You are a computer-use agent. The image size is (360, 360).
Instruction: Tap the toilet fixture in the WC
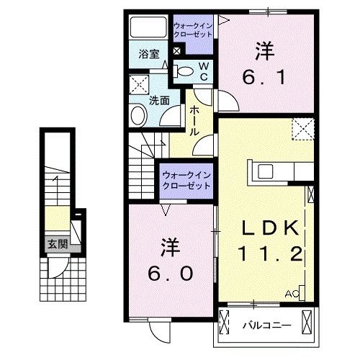click(184, 71)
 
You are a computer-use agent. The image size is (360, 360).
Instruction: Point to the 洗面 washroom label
click(159, 102)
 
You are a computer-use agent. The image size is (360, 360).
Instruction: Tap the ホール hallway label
click(195, 122)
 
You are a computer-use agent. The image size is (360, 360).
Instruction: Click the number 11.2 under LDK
click(267, 253)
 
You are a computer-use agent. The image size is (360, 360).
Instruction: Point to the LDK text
click(270, 228)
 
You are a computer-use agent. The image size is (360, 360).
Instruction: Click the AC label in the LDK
click(292, 294)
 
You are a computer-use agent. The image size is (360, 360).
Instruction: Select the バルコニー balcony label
click(267, 325)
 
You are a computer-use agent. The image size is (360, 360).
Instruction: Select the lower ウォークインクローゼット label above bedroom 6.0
click(186, 180)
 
